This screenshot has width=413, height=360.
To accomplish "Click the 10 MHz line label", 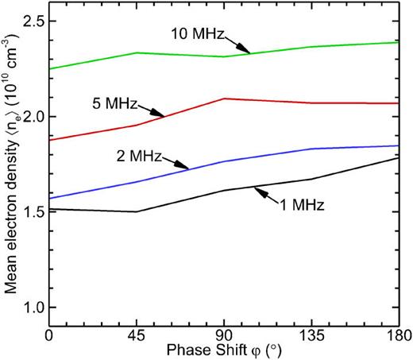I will pyautogui.click(x=198, y=34).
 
